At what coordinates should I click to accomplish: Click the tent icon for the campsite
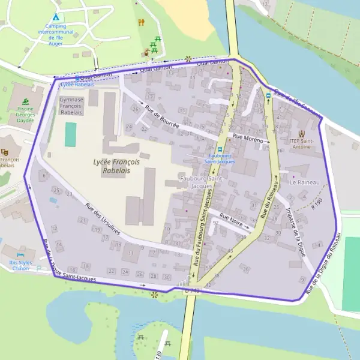[56, 17]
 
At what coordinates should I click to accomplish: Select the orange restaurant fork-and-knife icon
[142, 22]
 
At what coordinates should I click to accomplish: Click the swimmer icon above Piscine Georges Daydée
[25, 101]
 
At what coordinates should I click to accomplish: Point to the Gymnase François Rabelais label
[71, 106]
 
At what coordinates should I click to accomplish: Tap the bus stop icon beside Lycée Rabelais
[77, 78]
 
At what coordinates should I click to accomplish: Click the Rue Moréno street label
[248, 139]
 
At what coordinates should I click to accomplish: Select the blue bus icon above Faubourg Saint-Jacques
[220, 150]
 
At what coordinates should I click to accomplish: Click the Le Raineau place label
[305, 181]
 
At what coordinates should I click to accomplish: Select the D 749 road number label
[192, 291]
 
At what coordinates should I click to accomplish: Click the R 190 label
[317, 203]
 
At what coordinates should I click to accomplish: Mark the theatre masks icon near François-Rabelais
[5, 152]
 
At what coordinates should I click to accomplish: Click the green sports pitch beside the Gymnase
[71, 134]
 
